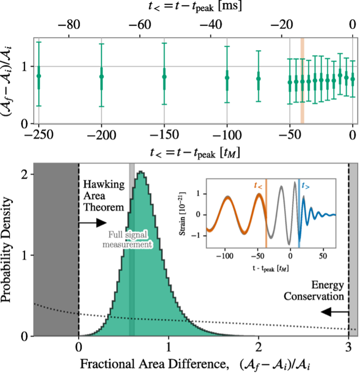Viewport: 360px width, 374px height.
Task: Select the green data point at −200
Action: [x=101, y=76]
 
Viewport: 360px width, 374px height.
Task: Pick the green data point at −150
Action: [x=164, y=76]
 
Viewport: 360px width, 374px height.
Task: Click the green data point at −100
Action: [x=227, y=78]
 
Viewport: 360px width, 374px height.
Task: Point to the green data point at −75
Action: [x=258, y=78]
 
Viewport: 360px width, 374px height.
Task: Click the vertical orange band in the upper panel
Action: [x=302, y=81]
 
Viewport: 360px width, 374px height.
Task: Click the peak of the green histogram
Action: [x=141, y=173]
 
